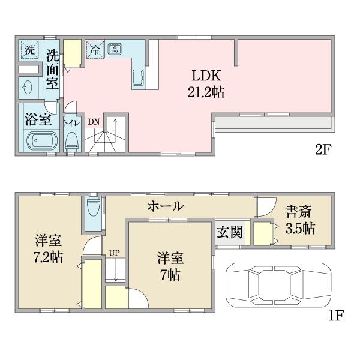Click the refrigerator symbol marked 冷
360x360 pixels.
click(x=95, y=50)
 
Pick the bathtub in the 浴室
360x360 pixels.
click(x=41, y=141)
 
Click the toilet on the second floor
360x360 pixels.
click(x=71, y=141)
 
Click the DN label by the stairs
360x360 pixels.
click(x=94, y=122)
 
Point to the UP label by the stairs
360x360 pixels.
click(x=113, y=253)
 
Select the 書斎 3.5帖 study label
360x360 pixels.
click(x=299, y=220)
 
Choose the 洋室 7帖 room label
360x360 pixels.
click(x=170, y=266)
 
